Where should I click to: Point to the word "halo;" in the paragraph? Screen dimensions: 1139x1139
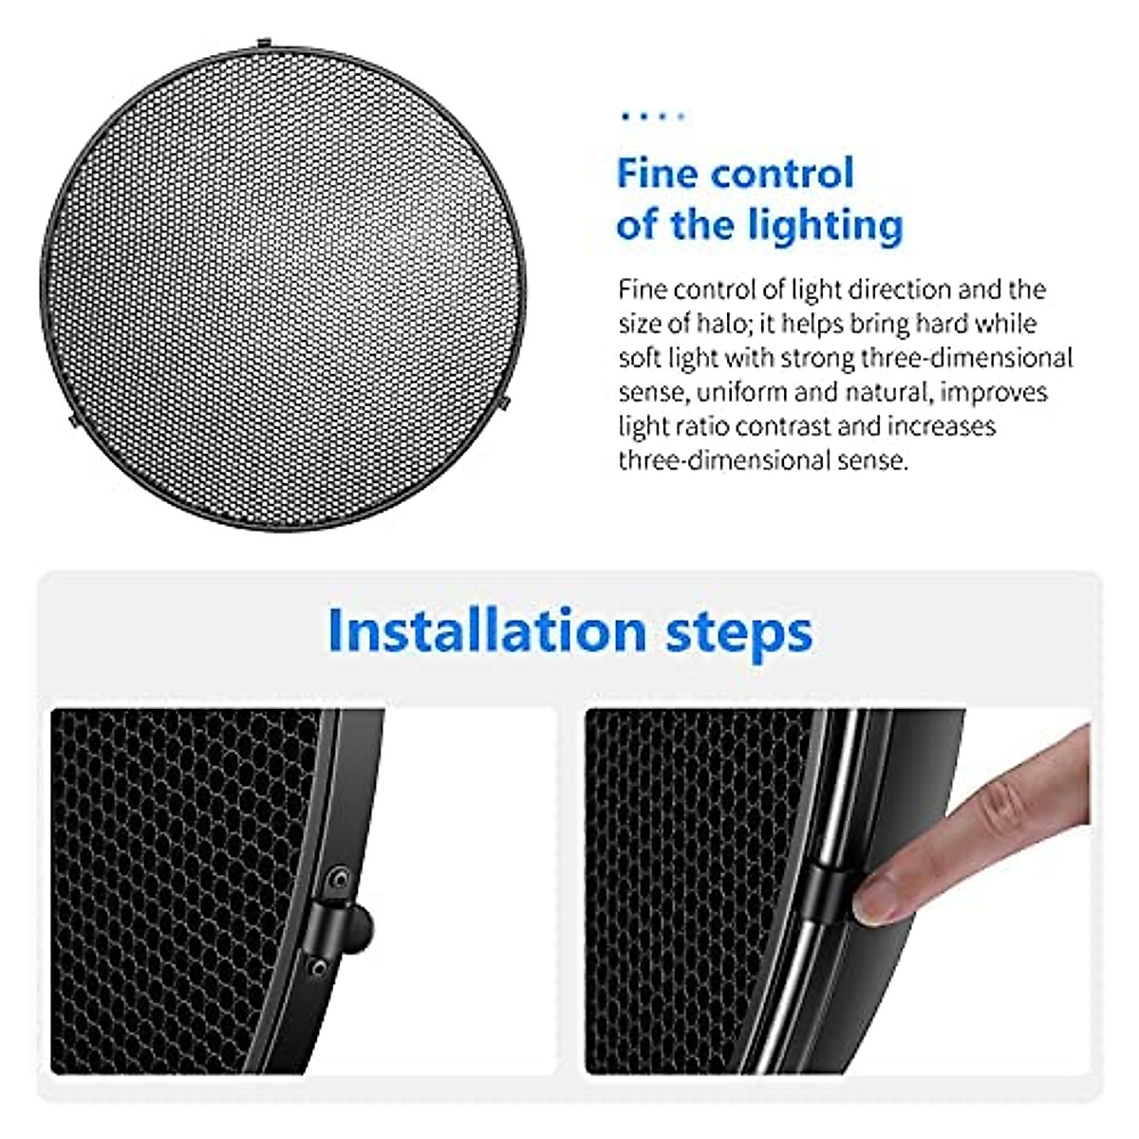(700, 324)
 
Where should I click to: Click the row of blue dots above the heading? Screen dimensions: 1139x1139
(651, 117)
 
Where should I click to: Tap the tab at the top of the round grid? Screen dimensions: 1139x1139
(262, 44)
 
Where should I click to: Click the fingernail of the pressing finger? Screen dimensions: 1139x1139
(877, 901)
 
